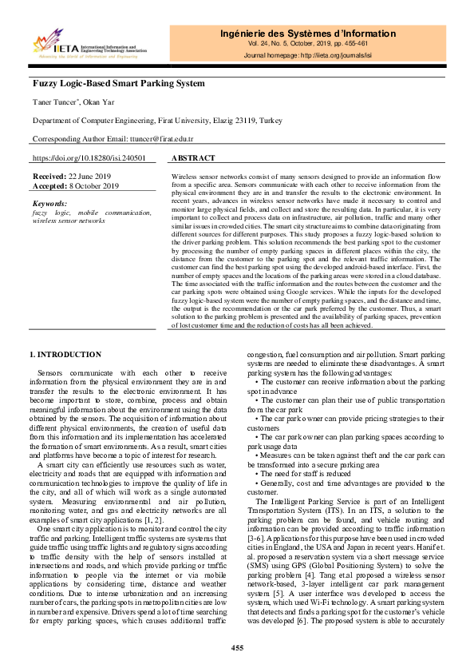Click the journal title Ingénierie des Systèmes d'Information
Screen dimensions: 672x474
(x=307, y=34)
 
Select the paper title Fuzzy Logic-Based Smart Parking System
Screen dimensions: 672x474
(x=118, y=83)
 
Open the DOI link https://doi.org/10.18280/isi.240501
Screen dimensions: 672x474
(x=89, y=158)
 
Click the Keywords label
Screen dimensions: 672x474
(x=50, y=204)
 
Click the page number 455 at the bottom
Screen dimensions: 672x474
(x=237, y=646)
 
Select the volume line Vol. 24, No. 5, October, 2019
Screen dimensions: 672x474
(x=307, y=45)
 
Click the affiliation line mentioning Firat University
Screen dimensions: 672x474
(x=156, y=121)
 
